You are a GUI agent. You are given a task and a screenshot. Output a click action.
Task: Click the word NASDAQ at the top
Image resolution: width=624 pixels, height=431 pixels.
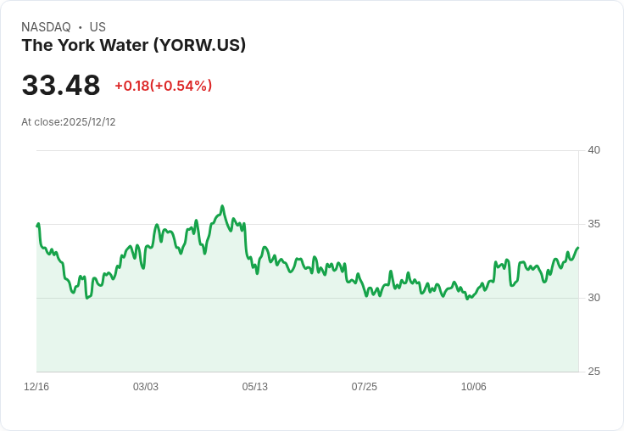coord(46,27)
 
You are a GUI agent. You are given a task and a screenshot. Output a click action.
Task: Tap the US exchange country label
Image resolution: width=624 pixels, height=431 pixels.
coord(97,27)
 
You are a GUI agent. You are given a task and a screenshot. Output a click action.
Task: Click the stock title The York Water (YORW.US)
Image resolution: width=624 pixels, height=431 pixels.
coord(134,45)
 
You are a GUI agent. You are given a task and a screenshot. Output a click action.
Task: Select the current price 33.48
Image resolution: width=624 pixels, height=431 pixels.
coord(61,85)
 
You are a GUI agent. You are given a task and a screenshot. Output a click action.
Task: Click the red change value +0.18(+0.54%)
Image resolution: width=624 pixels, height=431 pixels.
coord(164,86)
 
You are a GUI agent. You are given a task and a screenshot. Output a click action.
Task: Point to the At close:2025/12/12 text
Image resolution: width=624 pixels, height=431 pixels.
coord(69,122)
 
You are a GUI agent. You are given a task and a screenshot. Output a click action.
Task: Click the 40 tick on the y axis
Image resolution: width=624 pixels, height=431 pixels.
coord(593,150)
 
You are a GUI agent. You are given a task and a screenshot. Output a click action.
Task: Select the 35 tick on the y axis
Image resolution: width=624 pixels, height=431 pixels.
coord(593,224)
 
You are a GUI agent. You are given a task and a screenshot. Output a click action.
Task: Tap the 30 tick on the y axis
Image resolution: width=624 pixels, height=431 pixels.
coord(593,298)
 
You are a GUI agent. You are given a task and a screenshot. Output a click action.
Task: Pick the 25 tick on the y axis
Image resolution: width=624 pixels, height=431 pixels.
coord(593,372)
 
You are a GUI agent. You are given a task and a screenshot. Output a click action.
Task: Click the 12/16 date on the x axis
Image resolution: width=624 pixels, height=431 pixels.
coord(36,387)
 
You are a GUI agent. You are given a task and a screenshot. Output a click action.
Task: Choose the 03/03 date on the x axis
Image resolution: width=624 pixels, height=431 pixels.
coord(146,387)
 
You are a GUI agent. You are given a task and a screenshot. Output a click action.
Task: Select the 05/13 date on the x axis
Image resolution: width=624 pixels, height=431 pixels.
coord(255,387)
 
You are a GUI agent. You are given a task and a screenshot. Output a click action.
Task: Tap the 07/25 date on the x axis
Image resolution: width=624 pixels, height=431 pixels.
coord(365,387)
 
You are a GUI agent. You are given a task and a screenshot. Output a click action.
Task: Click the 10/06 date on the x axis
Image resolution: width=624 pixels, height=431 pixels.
coord(474,387)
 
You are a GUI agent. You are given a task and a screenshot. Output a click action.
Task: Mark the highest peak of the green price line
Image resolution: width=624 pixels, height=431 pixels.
coord(222,206)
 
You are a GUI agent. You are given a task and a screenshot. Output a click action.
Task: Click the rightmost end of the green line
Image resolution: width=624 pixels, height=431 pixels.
coord(577,248)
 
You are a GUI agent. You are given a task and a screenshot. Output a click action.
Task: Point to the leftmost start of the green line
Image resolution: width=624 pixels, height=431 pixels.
coord(37,225)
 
